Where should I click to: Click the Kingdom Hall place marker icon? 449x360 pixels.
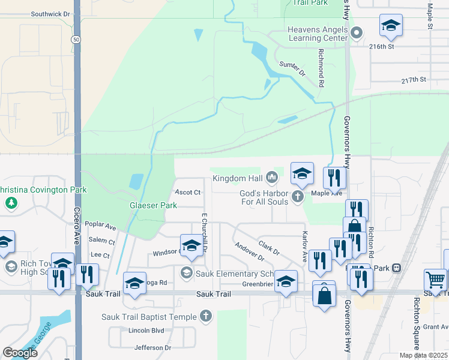pos(272,177)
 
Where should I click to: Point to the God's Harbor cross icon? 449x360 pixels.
pos(297,196)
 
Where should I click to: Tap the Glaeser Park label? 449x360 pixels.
pos(153,205)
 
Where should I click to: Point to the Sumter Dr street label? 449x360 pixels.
pos(293,68)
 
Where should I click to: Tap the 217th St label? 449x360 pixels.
pos(414,79)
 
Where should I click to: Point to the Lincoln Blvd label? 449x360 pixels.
pos(146,331)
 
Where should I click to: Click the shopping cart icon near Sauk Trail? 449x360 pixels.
pos(435,279)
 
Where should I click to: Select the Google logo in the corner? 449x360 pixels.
pos(20,353)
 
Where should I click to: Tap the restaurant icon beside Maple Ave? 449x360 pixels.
pos(334,177)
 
